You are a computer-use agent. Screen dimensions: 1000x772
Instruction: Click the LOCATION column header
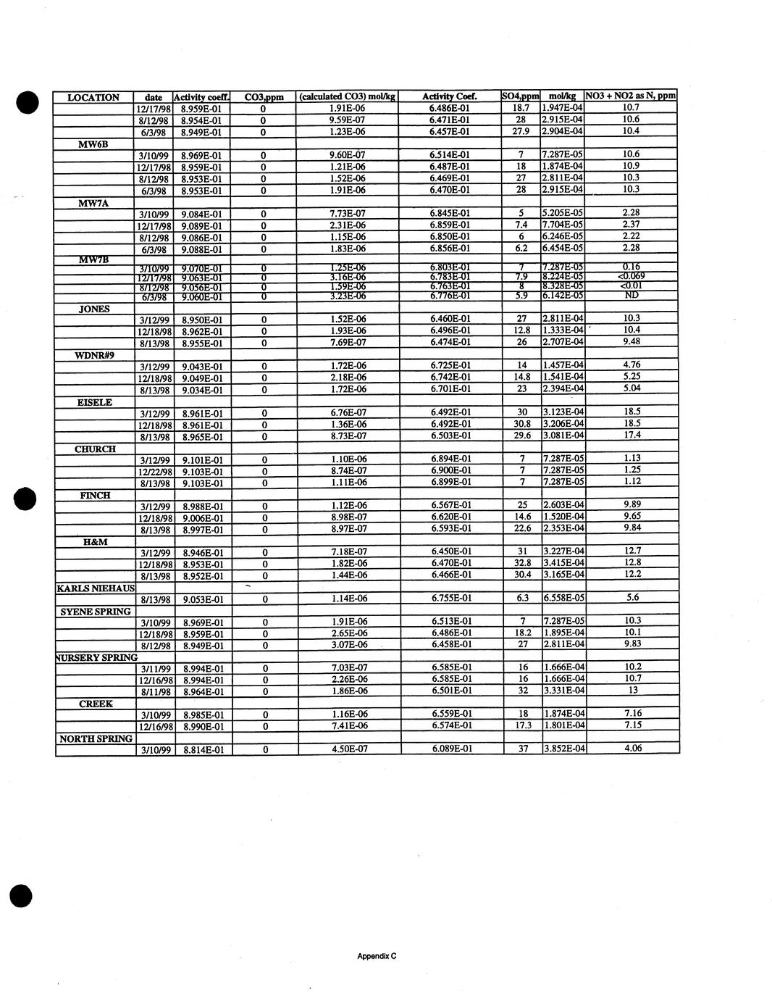93,97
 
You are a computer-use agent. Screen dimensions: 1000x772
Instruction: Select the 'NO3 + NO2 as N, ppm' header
631,96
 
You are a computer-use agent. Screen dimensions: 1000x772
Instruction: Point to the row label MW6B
93,143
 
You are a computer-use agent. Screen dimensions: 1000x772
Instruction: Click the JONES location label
94,309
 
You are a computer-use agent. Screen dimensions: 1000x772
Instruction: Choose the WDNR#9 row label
94,355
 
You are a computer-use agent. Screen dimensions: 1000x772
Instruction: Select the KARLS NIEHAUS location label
96,588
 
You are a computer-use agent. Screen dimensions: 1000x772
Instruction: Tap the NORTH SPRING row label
96,738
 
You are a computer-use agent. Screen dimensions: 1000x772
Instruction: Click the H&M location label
96,541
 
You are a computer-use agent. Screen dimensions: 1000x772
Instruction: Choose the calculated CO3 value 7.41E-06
348,725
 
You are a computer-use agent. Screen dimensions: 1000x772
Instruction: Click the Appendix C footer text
377,956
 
